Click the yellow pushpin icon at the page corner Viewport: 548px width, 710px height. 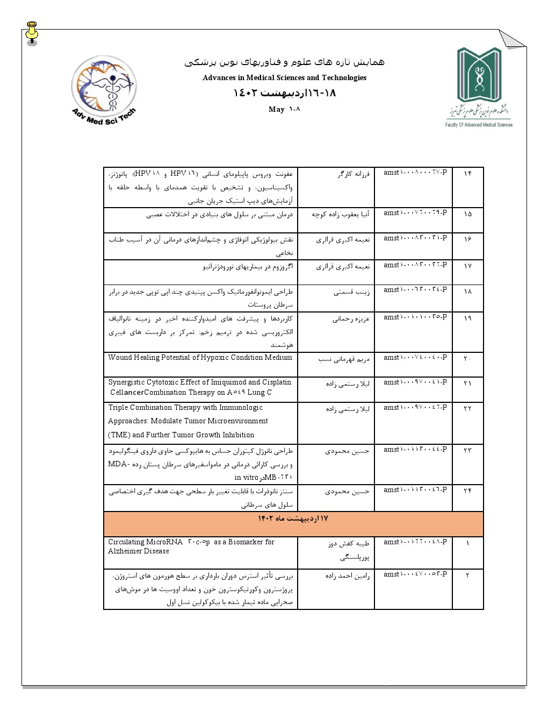[32, 33]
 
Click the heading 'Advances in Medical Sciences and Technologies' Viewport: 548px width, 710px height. [284, 77]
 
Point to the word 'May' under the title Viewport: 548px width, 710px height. [276, 109]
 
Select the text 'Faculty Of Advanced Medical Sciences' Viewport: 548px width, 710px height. [479, 125]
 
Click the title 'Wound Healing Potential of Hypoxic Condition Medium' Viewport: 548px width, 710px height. [200, 358]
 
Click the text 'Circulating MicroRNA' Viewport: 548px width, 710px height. [145, 542]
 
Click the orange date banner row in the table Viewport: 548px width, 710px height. [293, 523]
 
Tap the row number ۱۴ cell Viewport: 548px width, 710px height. [467, 173]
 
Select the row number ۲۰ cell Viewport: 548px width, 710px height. [467, 358]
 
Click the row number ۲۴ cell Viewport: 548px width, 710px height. [467, 491]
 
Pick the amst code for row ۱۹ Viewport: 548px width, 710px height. [415, 317]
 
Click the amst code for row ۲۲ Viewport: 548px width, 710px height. [415, 408]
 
